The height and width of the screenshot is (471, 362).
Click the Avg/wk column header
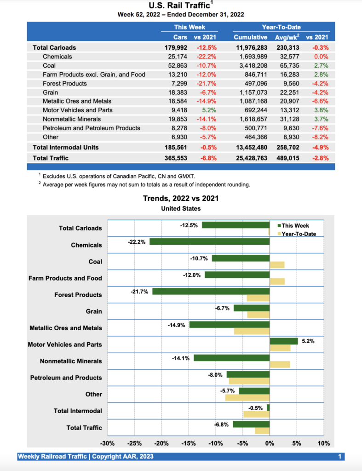(x=288, y=37)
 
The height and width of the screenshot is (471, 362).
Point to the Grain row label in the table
(x=50, y=92)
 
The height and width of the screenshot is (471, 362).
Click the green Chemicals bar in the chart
(x=209, y=241)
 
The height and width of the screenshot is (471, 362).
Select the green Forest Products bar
(x=211, y=291)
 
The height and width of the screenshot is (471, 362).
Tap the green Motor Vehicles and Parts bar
(x=283, y=341)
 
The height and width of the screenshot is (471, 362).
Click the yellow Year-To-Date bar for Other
(x=247, y=397)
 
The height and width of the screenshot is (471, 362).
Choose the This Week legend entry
(x=295, y=226)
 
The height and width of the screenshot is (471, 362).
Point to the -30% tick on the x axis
(x=108, y=443)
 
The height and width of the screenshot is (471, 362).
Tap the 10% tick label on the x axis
(x=324, y=443)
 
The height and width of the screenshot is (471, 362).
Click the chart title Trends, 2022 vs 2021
(x=181, y=199)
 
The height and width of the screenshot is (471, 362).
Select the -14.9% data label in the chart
(x=177, y=325)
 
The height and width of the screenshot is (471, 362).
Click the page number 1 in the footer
(x=339, y=456)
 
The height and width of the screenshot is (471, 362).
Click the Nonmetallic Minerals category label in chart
(x=71, y=361)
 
